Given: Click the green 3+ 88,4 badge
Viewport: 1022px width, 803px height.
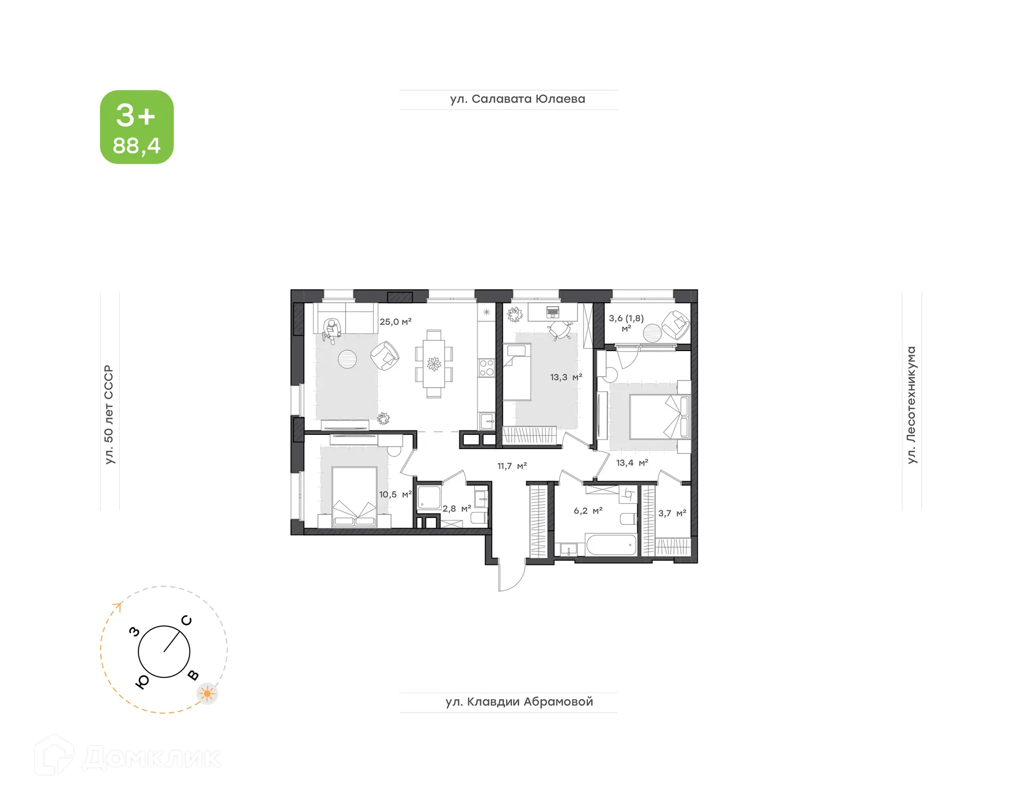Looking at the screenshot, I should point(137,127).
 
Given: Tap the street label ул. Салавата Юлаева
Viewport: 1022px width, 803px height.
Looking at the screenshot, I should point(517,99).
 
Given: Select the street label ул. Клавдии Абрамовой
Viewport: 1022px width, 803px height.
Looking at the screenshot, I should point(519,702).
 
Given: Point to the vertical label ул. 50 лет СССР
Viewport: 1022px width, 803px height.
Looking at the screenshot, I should point(109,414).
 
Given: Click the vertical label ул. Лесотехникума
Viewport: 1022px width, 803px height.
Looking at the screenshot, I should point(911,405).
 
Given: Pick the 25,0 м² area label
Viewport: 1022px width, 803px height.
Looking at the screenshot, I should point(395,322).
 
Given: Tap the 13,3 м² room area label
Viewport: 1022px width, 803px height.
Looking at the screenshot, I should point(566,377).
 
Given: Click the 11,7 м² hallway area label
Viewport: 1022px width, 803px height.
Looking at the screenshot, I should point(512,466).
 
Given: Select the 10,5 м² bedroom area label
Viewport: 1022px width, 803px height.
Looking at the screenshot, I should point(395,494).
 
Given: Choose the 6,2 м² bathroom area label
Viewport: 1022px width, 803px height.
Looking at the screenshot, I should point(588,510).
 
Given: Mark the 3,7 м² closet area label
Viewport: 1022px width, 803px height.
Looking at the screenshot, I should point(672,513).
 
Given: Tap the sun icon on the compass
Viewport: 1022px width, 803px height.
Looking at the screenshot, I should point(207,694).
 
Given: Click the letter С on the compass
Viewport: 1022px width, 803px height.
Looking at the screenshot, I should point(186,620).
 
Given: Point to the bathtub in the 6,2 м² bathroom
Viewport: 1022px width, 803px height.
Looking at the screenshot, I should point(611,545).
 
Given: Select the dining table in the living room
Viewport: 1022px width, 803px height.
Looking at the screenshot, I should point(434,364).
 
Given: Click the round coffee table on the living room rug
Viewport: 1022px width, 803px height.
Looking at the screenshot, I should point(347,359).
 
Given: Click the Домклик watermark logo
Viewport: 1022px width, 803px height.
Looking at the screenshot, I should point(128,757).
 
